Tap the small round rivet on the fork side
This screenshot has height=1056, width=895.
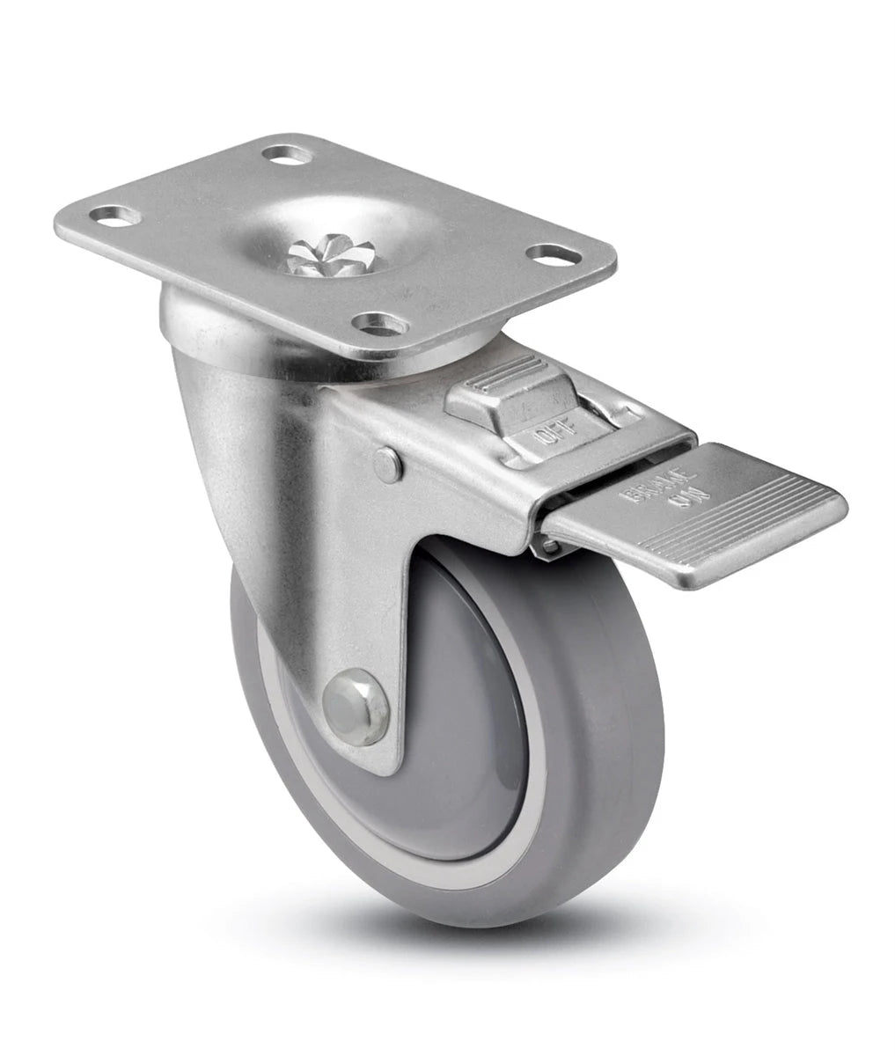pyautogui.click(x=387, y=463)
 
